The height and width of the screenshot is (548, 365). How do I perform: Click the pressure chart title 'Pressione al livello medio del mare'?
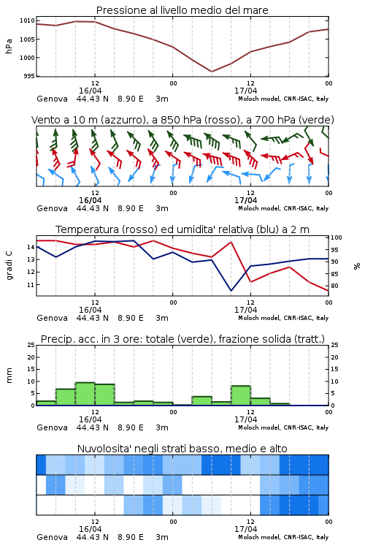(182, 10)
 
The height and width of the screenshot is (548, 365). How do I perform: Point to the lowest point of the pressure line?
(211, 72)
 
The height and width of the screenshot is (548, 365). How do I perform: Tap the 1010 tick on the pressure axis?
(27, 20)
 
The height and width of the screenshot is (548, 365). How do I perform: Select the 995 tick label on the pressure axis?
(29, 76)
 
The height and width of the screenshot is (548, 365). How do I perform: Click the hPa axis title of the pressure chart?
(9, 46)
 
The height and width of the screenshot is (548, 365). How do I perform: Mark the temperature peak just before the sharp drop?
(231, 242)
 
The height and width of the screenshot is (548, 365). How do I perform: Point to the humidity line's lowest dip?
(231, 290)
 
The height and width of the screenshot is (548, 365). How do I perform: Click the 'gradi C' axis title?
(9, 266)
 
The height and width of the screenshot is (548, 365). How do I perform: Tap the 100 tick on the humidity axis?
(337, 237)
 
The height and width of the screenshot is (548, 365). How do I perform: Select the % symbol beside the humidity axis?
(357, 266)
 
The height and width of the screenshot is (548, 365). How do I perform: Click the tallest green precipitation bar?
(85, 394)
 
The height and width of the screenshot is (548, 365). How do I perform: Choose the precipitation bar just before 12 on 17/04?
(241, 395)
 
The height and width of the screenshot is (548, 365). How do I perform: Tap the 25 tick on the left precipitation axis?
(31, 345)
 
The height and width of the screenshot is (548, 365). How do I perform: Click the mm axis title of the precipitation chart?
(9, 376)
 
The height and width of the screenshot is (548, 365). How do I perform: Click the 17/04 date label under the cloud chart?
(245, 529)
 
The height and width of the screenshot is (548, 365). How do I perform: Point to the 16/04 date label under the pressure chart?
(90, 91)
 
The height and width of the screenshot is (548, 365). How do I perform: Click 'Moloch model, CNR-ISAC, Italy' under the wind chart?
(283, 208)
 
